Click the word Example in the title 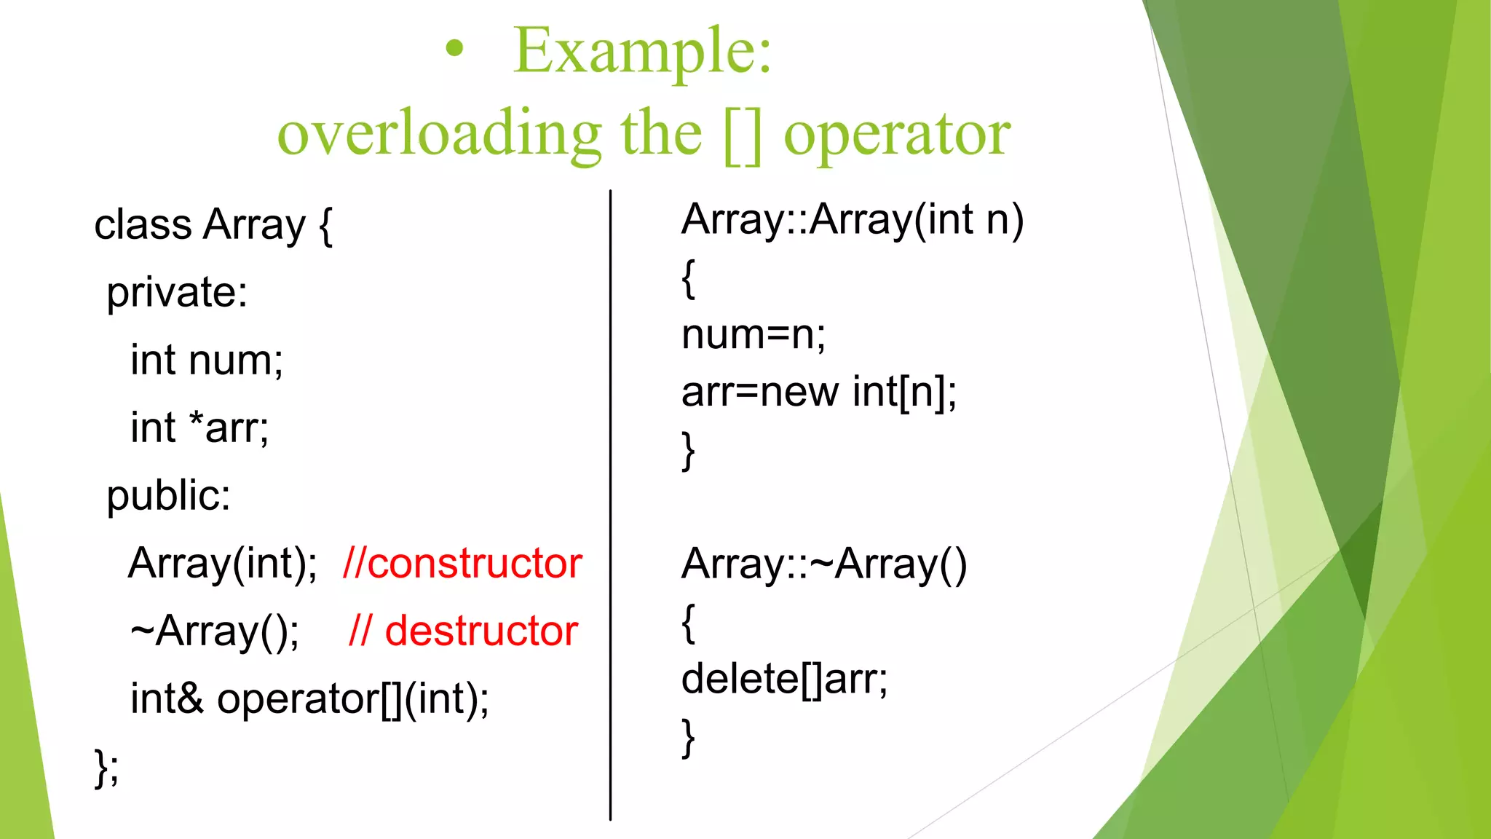tap(641, 51)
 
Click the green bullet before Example tap(454, 50)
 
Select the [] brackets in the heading tap(743, 135)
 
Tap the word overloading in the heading tap(439, 134)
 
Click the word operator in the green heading tap(897, 135)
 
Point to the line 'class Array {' tap(213, 225)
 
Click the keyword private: tap(177, 293)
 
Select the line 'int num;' tap(207, 361)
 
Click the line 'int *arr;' tap(199, 428)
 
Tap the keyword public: tap(169, 496)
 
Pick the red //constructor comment tap(462, 564)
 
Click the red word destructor tap(481, 631)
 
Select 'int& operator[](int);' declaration tap(309, 699)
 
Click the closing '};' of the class tap(106, 767)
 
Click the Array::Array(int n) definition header tap(853, 219)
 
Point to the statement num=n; tap(754, 335)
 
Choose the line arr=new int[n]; tap(819, 392)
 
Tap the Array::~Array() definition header tap(824, 564)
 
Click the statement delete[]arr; tap(784, 679)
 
